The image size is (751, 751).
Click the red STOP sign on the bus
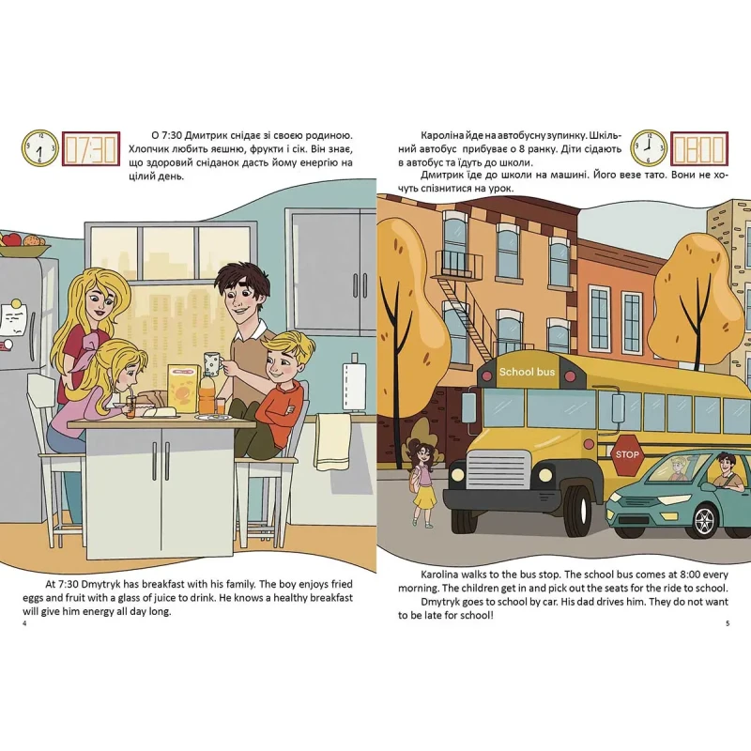point(627,455)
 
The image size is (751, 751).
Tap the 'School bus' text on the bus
point(527,372)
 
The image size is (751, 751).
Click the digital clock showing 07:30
point(91,149)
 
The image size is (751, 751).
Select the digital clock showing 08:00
point(698,149)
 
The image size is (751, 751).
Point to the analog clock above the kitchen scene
point(39,148)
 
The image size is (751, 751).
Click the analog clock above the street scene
point(649,148)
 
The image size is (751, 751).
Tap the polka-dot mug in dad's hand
point(212,362)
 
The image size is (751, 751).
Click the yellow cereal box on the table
point(184,389)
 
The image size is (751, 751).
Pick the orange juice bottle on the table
point(207,393)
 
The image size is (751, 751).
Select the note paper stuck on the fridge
point(13,317)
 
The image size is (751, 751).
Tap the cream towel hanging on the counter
point(333,441)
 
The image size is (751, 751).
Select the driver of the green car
point(727,471)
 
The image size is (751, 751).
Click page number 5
point(728,623)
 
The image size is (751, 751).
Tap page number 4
point(24,623)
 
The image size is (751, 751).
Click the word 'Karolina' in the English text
point(440,575)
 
